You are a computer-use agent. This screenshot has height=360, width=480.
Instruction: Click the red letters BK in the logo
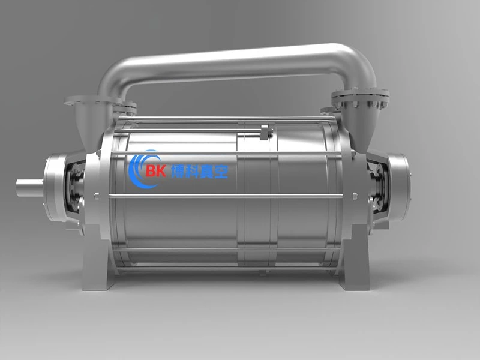(x=156, y=170)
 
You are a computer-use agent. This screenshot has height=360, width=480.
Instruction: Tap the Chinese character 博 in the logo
(x=178, y=171)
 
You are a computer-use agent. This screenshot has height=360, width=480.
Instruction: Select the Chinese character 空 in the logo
(x=221, y=172)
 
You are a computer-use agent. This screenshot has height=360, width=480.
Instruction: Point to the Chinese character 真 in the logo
(x=206, y=172)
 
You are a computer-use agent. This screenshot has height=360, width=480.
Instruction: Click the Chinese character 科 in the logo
(x=192, y=172)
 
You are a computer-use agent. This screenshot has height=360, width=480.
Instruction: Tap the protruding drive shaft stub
(x=29, y=187)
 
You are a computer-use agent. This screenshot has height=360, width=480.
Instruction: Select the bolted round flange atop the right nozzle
(x=361, y=96)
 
